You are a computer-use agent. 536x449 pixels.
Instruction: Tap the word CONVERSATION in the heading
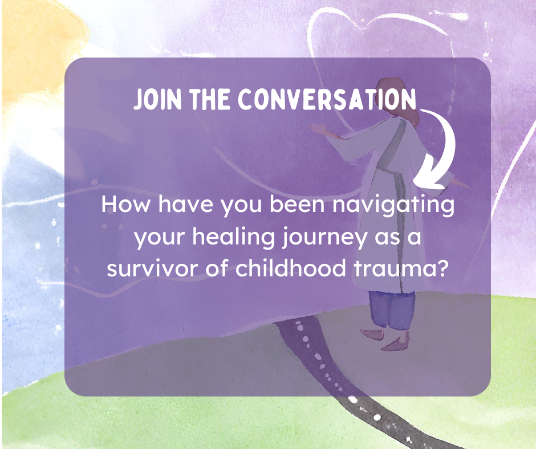tap(327, 100)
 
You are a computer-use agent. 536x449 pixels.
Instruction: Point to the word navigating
tap(393, 205)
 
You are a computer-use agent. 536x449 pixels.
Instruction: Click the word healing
tap(233, 237)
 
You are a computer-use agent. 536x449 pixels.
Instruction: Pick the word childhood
tap(291, 268)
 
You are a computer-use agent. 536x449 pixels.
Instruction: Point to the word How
tap(125, 205)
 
